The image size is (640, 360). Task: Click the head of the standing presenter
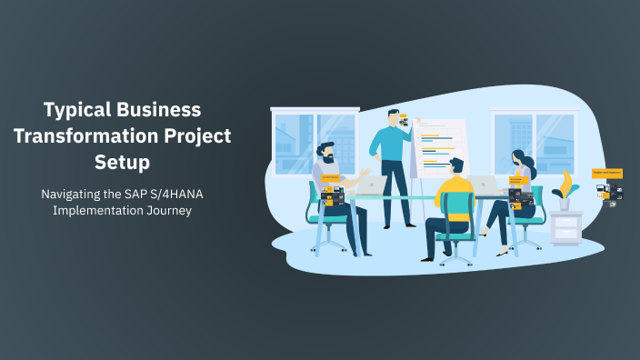click(393, 118)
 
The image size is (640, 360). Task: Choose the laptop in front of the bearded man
click(370, 185)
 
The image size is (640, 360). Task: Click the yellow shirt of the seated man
click(455, 193)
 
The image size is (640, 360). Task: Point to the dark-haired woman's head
click(517, 158)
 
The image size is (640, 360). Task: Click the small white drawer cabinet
click(565, 227)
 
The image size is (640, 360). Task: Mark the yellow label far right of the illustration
click(607, 172)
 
